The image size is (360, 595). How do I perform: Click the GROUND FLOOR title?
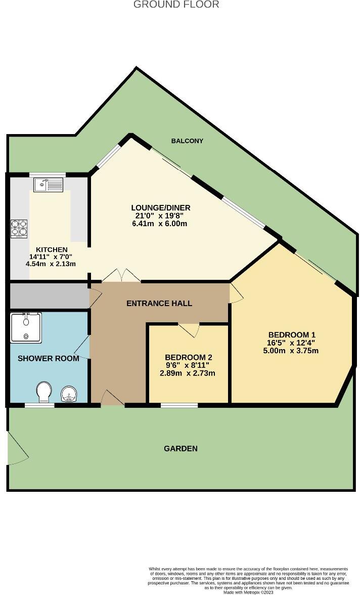point(176,5)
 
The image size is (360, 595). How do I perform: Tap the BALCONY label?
point(187,141)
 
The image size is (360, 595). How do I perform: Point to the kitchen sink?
point(48,185)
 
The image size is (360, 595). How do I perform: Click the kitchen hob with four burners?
point(19,227)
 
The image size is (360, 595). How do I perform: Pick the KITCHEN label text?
point(52,249)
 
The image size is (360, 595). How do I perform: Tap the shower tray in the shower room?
point(25,327)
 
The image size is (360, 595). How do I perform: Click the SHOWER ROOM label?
point(49,358)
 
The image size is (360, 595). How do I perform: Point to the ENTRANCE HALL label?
point(159,303)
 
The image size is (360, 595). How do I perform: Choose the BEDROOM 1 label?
point(292,334)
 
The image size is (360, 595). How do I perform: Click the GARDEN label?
point(181,448)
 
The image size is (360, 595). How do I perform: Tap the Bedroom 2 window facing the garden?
point(179,405)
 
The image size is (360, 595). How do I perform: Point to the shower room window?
point(39,405)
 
